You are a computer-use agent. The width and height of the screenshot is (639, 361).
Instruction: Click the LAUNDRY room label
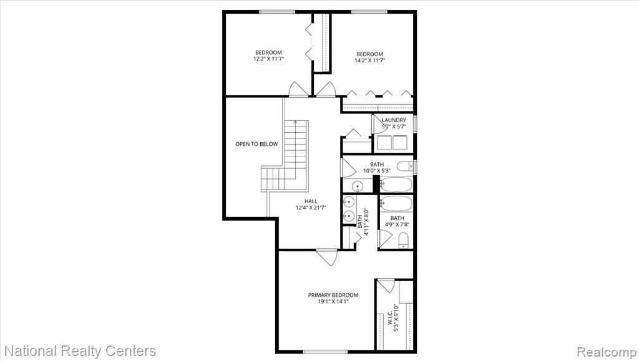coord(394,120)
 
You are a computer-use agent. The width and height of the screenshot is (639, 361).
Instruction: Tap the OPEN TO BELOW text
coord(256,144)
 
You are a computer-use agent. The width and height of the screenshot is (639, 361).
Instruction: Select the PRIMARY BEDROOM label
coord(333,295)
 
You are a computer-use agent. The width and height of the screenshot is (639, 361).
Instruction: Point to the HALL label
coord(311,201)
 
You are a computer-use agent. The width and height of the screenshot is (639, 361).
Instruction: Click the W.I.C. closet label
coord(389,318)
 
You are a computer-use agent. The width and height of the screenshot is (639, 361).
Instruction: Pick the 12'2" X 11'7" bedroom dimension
coord(268,59)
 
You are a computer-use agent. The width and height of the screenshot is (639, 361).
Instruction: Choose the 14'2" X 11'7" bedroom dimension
coord(369,60)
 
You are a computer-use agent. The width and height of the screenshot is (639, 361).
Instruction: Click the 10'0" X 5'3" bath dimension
coord(377,171)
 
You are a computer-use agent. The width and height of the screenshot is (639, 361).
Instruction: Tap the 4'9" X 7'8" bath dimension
coord(397,224)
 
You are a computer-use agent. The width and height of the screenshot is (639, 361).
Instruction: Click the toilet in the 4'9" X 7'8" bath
coord(403,240)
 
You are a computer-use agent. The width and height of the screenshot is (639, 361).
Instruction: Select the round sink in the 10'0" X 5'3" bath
coord(358,186)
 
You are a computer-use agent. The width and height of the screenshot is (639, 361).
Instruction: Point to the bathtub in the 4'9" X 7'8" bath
coord(396,203)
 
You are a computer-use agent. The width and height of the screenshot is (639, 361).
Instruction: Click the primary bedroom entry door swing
coord(327,258)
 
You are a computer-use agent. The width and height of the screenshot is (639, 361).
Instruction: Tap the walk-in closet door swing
coord(386,286)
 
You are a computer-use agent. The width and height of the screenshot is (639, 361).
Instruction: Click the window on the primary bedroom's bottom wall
coord(324,352)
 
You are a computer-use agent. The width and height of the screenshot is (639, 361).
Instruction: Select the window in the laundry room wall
coord(415,124)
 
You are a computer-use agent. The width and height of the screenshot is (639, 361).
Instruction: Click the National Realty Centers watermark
coord(80,351)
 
